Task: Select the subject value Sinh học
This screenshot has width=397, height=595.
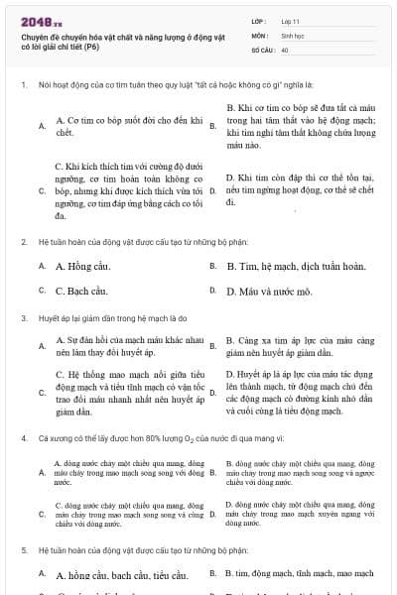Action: (292, 34)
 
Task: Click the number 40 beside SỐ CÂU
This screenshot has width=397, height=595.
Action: (285, 49)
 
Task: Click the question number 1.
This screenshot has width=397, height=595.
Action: (23, 85)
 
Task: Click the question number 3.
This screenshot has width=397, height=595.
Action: (23, 318)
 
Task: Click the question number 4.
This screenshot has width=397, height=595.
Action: (23, 437)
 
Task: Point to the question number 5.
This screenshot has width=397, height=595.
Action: (23, 548)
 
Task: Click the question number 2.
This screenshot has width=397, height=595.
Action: (23, 241)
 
